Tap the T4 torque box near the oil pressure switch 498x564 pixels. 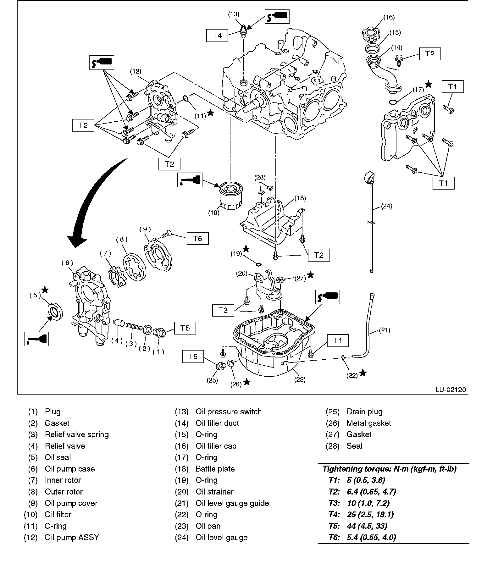coord(217,35)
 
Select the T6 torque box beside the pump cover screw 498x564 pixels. coord(197,239)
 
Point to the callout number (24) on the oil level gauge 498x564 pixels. coord(386,206)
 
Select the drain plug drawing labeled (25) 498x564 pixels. coord(221,367)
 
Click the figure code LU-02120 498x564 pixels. coord(451,390)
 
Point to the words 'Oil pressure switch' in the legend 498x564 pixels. coord(229,412)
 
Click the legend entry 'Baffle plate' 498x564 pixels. coord(215,469)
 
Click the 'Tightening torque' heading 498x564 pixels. coord(389,469)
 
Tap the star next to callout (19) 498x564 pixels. coord(246,249)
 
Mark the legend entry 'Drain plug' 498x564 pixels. coord(364,412)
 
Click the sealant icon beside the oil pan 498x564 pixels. coord(327,296)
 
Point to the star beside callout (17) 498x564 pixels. coord(428,84)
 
